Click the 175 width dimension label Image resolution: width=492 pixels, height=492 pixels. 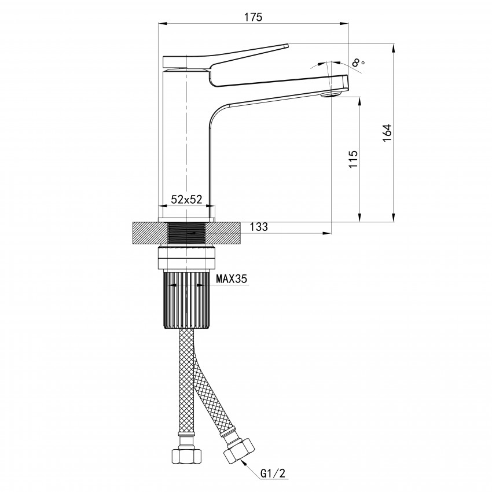[x=253, y=17]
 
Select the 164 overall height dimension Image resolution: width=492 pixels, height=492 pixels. [x=387, y=133]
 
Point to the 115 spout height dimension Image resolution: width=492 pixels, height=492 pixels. [x=353, y=159]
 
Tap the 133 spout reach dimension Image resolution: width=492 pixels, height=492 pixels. [x=259, y=226]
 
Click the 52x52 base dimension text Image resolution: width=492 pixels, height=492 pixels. [x=186, y=199]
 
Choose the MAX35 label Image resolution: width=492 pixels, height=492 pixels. [x=232, y=278]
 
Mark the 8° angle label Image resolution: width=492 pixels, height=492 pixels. [x=358, y=63]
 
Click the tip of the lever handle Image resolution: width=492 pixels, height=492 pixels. [x=287, y=46]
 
